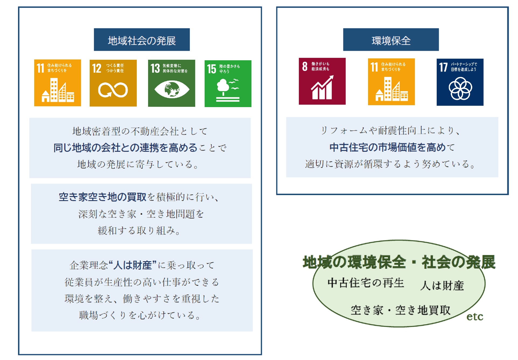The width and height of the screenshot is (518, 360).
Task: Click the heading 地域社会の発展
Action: (142, 41)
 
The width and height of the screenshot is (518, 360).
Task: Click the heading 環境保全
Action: (391, 41)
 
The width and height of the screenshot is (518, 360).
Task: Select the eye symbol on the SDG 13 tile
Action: (171, 90)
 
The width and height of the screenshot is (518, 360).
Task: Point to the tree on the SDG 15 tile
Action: (223, 86)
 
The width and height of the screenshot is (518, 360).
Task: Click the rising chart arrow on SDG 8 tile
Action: (322, 87)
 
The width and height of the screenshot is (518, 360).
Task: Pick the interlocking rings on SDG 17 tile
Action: (460, 89)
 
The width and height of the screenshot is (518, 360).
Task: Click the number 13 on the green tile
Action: (155, 68)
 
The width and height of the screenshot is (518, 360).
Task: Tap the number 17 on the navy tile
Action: (443, 67)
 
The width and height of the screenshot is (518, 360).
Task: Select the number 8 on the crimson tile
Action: (304, 66)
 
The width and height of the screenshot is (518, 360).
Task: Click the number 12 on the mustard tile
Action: (97, 68)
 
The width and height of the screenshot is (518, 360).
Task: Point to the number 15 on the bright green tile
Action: (212, 69)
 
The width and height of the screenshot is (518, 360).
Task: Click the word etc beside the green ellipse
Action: (475, 317)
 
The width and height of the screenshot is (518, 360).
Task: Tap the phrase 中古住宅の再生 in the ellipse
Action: (366, 283)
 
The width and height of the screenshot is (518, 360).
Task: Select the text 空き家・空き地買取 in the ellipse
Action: (400, 310)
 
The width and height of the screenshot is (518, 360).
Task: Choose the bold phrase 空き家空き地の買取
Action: (102, 197)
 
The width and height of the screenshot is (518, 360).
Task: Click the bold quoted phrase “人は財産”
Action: (132, 265)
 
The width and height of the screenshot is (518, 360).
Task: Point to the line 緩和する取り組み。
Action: (139, 231)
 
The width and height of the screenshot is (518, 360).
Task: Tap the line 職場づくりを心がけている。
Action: (140, 315)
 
